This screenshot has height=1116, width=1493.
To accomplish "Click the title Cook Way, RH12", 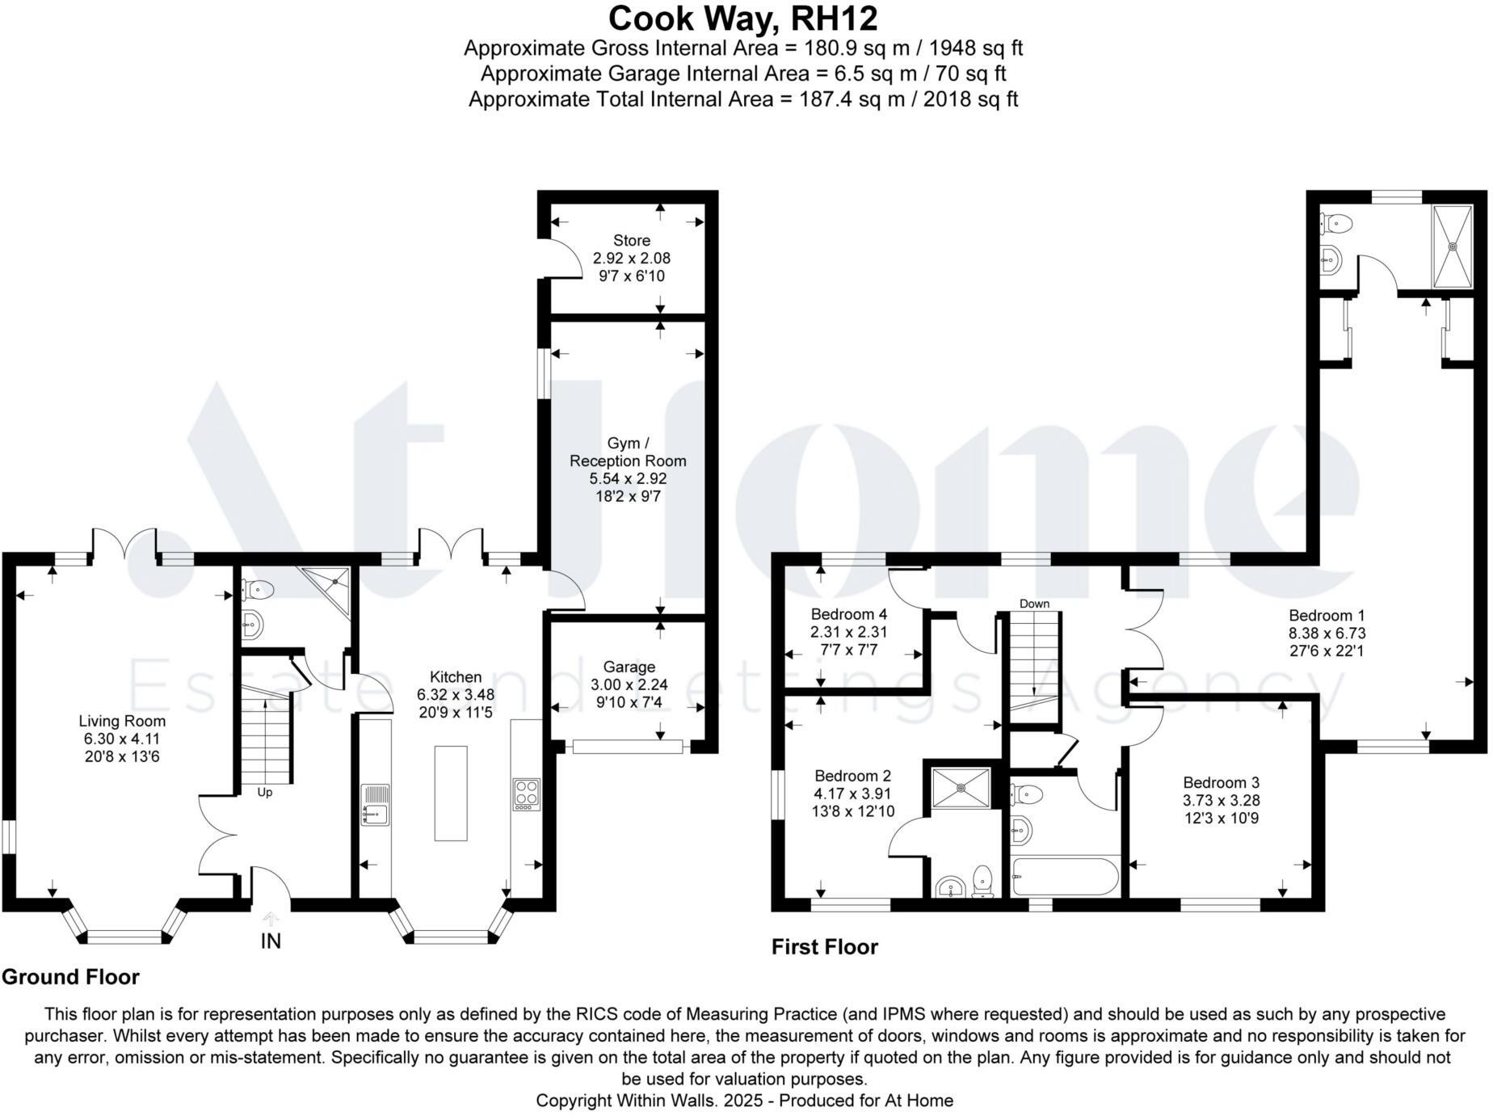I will (742, 18).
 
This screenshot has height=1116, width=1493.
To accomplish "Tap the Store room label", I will (631, 240).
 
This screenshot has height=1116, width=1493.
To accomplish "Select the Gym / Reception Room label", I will (628, 452).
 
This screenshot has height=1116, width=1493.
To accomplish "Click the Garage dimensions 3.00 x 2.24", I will (629, 684).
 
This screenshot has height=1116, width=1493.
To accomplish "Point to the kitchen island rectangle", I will (451, 793).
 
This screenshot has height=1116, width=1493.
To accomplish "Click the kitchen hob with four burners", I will (526, 794).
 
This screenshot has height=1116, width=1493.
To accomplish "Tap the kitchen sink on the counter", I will (375, 804).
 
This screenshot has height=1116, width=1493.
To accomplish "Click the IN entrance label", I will (271, 941).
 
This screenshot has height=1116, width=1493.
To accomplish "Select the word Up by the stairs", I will (265, 792).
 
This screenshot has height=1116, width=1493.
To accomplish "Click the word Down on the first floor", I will (1034, 604).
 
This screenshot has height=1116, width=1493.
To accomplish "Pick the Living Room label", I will (122, 721).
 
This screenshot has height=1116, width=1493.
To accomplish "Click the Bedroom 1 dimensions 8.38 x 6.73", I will (1327, 633).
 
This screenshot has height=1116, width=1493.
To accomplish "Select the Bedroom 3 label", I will (1221, 782).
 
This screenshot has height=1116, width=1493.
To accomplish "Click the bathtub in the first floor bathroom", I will (1065, 877).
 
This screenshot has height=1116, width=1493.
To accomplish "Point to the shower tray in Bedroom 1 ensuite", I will (1453, 246).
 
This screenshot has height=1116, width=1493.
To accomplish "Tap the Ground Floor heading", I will (71, 977).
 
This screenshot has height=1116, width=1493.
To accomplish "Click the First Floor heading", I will (824, 946).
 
